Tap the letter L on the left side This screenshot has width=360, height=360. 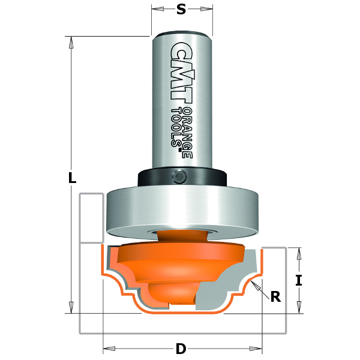point(72,178)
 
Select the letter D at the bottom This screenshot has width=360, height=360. point(181,348)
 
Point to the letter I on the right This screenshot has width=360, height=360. point(298,280)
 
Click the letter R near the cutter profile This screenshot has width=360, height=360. point(275,296)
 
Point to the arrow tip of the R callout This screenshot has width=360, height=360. point(254,283)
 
